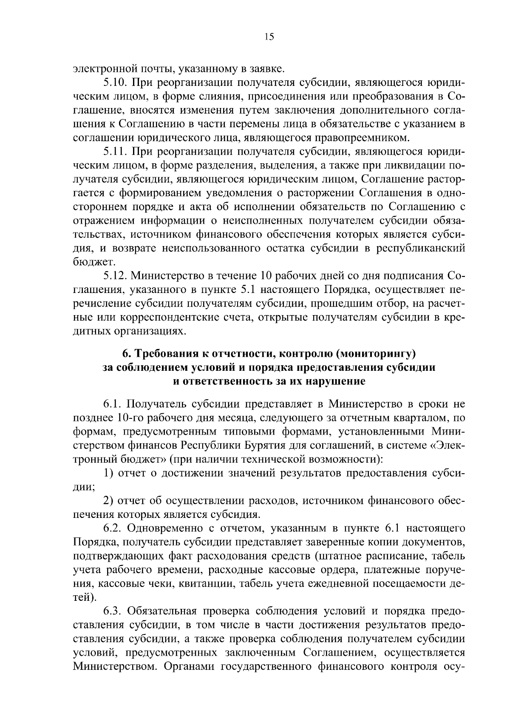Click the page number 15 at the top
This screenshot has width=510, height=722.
point(269,37)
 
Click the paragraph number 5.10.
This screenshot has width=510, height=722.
point(117,82)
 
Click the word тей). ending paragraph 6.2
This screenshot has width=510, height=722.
point(85,597)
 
